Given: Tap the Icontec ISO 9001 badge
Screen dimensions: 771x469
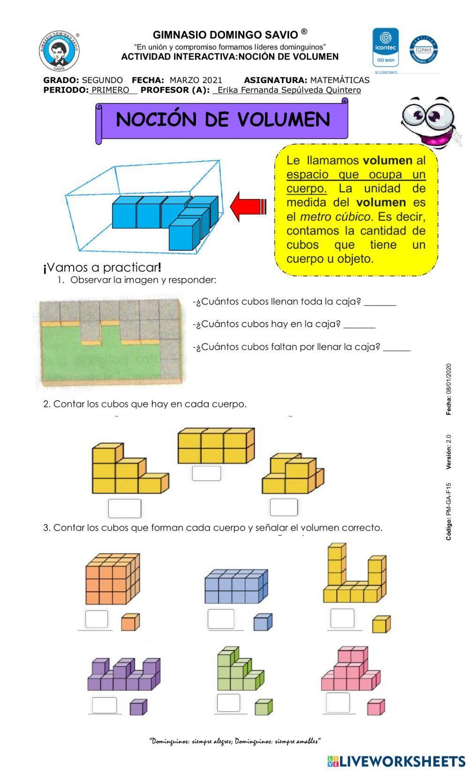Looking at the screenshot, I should tap(386, 47).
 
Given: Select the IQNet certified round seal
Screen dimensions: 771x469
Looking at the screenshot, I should tap(424, 50).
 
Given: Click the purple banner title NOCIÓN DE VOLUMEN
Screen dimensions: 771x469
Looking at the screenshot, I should tap(223, 120).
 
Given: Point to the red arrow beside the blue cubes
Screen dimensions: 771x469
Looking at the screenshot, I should tap(249, 206).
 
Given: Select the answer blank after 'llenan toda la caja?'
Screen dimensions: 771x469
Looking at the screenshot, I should tap(380, 303).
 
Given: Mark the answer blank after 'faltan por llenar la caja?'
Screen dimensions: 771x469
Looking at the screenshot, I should tap(397, 348).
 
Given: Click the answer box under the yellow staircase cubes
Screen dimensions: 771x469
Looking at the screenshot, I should tap(125, 508).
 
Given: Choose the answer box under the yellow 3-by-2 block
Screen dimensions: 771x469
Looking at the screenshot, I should tap(206, 473).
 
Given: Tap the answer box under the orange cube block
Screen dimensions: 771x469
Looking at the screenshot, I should tap(97, 619).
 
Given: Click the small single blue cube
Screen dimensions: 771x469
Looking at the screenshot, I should tap(263, 622).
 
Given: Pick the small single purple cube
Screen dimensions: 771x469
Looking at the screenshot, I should tap(138, 707).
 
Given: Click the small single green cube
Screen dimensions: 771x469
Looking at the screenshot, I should tap(264, 707).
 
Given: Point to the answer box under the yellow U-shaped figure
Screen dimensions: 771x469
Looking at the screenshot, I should tap(342, 618).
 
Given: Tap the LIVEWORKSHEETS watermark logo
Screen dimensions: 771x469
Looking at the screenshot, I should tap(396, 761).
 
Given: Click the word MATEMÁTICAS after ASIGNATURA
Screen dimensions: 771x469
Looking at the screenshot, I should tap(340, 80).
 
